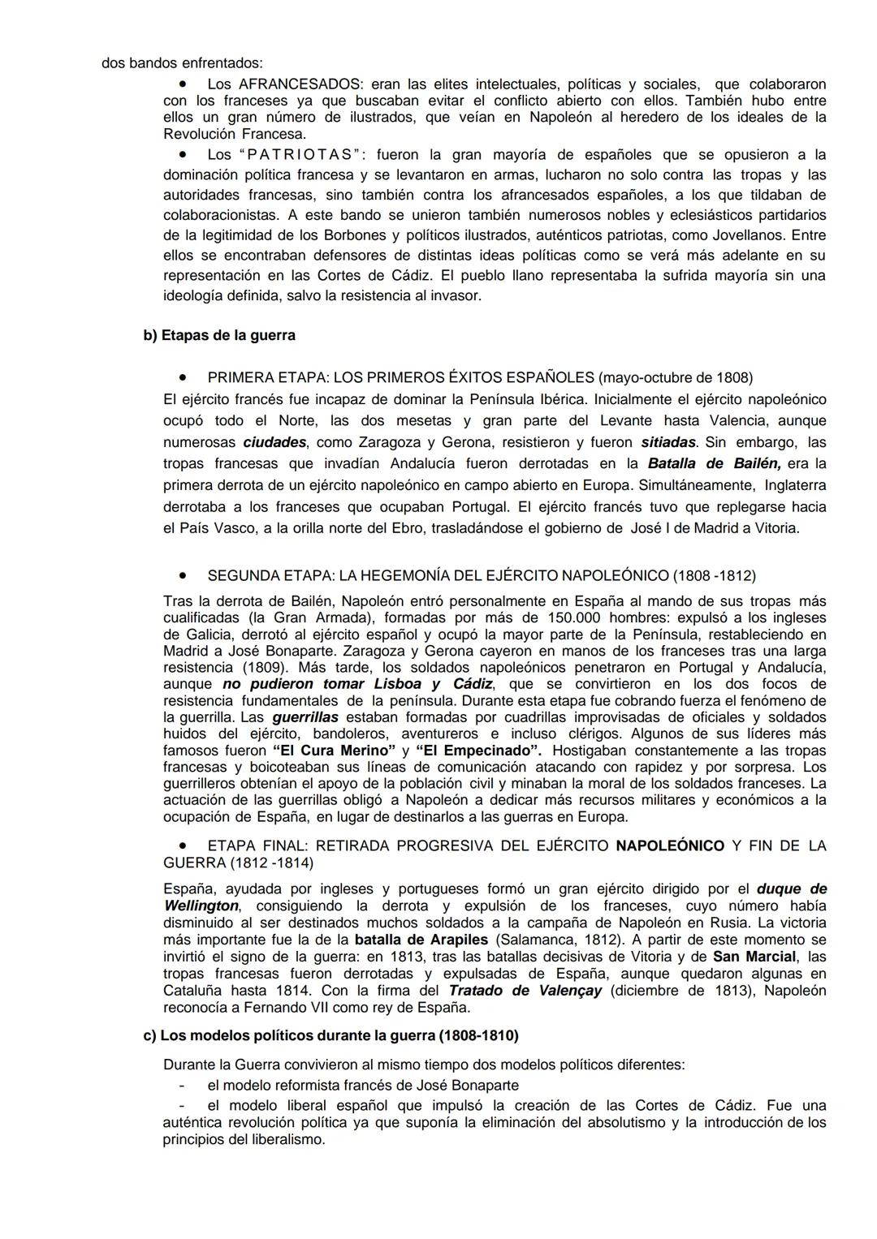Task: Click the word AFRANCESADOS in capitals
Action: (299, 84)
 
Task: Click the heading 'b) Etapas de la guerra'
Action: (219, 335)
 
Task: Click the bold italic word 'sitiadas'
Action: (668, 442)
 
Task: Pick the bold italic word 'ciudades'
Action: (274, 442)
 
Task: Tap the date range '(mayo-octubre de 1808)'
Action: (675, 377)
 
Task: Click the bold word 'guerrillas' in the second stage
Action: (305, 717)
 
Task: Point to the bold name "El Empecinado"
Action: (478, 751)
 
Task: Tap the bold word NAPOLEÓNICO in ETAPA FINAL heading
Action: (670, 845)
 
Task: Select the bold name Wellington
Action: (201, 906)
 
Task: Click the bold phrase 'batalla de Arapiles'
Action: (421, 940)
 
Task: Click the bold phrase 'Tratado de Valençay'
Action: (525, 991)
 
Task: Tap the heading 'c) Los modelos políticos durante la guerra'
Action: (330, 1036)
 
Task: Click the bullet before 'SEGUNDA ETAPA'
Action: (184, 575)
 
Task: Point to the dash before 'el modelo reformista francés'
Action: (184, 1086)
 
